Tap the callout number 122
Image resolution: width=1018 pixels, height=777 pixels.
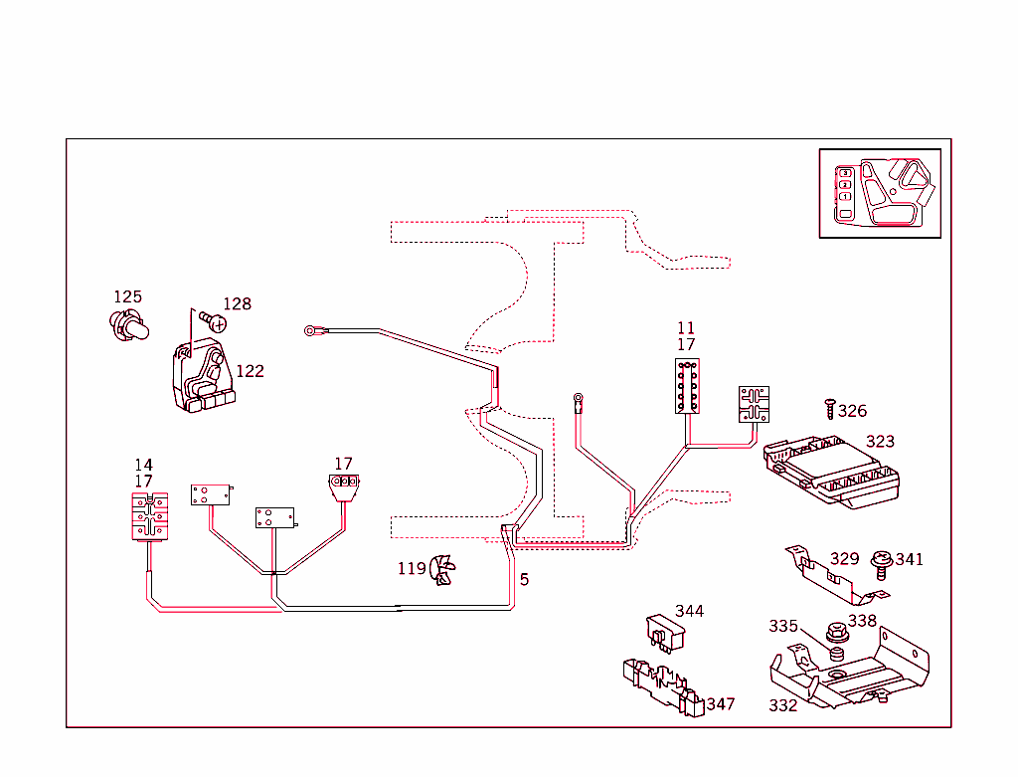click(x=250, y=371)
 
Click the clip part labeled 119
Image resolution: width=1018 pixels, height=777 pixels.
click(x=441, y=571)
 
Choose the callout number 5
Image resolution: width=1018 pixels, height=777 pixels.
click(x=524, y=579)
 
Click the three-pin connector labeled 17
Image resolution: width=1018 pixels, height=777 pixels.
click(x=343, y=486)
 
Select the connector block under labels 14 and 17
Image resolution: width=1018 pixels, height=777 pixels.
click(x=148, y=515)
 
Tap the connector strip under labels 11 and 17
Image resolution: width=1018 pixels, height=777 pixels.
click(x=686, y=386)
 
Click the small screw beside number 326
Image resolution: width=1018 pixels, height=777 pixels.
click(x=829, y=408)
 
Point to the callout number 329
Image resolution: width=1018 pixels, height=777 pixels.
click(x=844, y=558)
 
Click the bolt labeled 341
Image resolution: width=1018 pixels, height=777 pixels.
click(x=880, y=564)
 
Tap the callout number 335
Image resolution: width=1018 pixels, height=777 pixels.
click(x=782, y=626)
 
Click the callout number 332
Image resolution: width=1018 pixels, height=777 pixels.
click(x=782, y=705)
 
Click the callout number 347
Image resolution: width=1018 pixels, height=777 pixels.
click(x=720, y=703)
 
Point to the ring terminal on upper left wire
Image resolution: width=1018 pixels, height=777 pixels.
click(x=311, y=329)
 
